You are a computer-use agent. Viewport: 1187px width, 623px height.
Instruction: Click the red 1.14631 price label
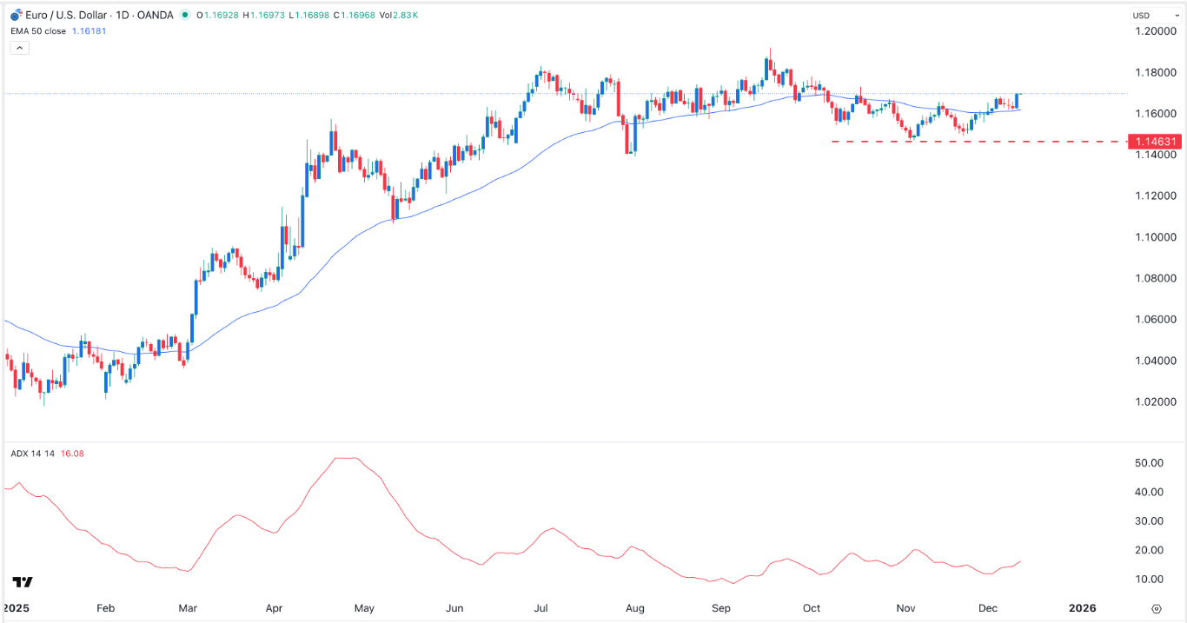click(x=1153, y=141)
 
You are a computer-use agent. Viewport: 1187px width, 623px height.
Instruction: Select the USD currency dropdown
click(x=1152, y=16)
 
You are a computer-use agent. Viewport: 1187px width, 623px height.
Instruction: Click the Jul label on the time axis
click(x=541, y=608)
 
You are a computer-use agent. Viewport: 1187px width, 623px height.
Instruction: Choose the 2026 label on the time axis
click(x=1083, y=608)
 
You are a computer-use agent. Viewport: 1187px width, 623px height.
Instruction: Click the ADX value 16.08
click(x=73, y=454)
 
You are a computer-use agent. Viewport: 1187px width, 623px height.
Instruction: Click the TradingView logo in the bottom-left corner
click(x=23, y=582)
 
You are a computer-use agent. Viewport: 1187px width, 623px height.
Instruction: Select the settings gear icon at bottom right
click(x=1156, y=609)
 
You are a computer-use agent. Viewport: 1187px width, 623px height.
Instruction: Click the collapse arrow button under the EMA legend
click(x=19, y=48)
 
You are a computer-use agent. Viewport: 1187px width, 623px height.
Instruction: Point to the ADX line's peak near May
click(x=346, y=458)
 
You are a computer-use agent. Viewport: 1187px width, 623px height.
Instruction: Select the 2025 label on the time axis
click(x=17, y=608)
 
